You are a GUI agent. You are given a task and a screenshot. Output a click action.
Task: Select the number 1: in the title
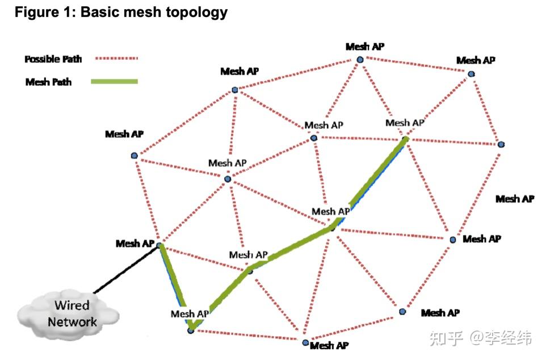(70, 12)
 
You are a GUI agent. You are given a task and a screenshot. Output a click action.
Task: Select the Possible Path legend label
(53, 58)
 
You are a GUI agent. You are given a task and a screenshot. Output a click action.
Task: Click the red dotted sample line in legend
(116, 58)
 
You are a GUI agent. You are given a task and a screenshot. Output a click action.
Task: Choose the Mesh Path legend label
(49, 82)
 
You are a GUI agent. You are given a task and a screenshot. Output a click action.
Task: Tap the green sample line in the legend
(114, 82)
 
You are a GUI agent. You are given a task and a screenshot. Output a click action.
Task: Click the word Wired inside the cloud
(72, 305)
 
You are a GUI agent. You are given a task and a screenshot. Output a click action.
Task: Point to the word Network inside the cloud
(72, 322)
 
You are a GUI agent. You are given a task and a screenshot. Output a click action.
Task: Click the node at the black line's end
(160, 245)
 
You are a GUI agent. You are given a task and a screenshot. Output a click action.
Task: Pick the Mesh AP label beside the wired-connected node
(135, 243)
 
